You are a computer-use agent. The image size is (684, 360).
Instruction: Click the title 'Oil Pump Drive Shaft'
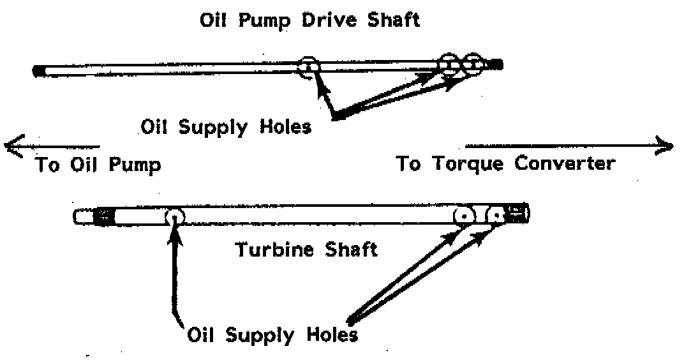pyautogui.click(x=309, y=20)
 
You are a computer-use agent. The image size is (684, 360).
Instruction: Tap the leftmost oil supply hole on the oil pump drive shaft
pyautogui.click(x=309, y=66)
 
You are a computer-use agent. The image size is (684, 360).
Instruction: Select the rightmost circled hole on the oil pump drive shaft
pyautogui.click(x=473, y=64)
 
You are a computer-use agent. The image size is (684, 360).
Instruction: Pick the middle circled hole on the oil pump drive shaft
pyautogui.click(x=450, y=64)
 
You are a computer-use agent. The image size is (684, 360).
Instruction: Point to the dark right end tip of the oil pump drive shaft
pyautogui.click(x=497, y=64)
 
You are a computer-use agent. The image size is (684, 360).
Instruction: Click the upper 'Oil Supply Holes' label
pyautogui.click(x=227, y=127)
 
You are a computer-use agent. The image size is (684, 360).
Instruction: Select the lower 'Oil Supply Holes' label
pyautogui.click(x=272, y=334)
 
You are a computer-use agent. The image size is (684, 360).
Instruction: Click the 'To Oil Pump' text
pyautogui.click(x=98, y=165)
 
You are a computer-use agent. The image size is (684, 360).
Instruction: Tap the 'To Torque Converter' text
pyautogui.click(x=506, y=163)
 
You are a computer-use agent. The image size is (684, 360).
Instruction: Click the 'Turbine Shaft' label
pyautogui.click(x=307, y=249)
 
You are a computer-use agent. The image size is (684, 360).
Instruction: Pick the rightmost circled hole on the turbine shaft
pyautogui.click(x=496, y=216)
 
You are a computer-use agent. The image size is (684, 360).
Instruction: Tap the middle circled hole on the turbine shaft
pyautogui.click(x=465, y=216)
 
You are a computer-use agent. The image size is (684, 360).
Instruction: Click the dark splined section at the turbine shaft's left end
pyautogui.click(x=101, y=216)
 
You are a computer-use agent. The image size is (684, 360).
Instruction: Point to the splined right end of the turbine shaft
pyautogui.click(x=517, y=214)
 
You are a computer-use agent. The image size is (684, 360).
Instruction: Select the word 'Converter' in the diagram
pyautogui.click(x=565, y=163)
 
